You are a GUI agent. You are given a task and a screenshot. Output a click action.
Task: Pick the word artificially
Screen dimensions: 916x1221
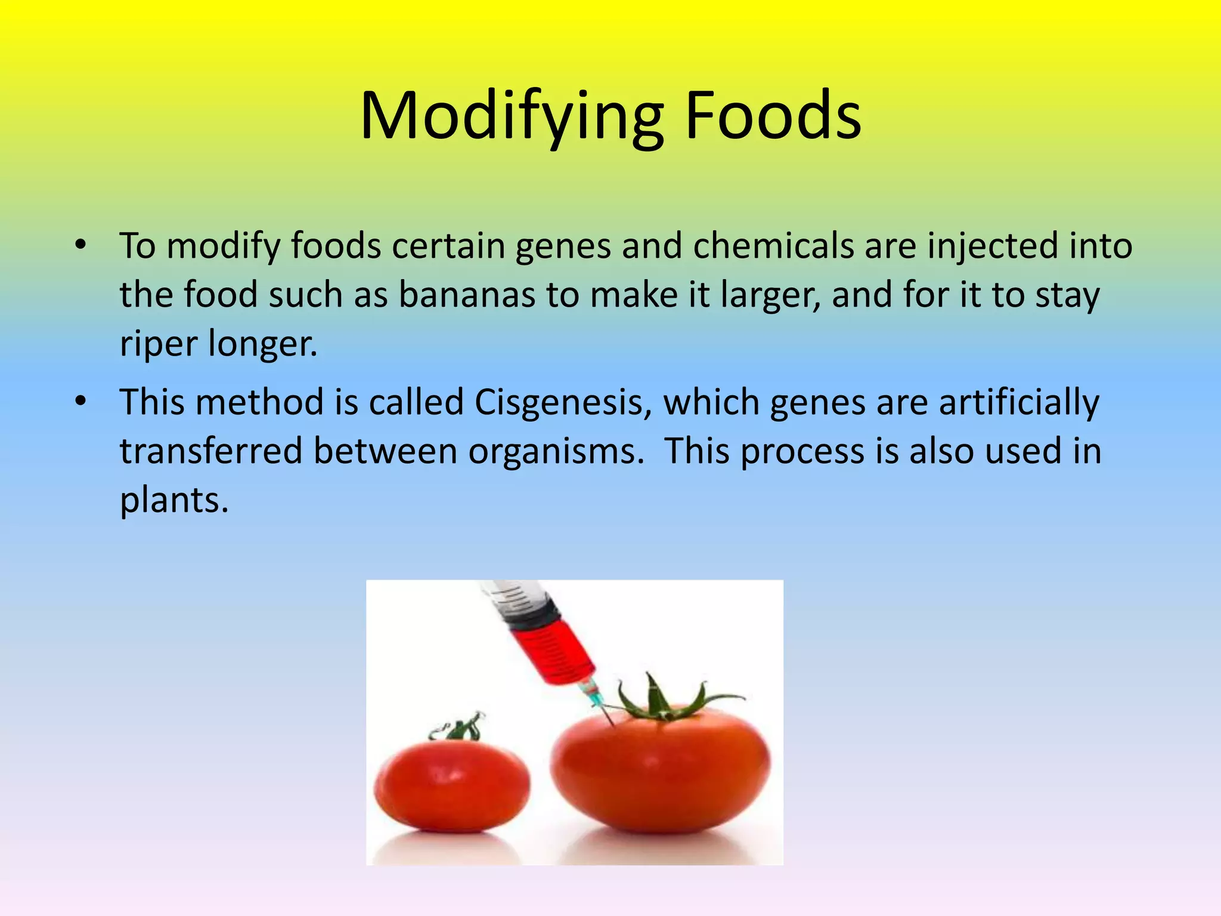pos(1019,402)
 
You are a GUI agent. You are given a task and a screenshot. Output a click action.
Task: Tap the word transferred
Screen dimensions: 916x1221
pos(211,451)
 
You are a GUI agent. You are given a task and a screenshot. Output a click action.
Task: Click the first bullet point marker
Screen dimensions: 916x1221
pos(81,245)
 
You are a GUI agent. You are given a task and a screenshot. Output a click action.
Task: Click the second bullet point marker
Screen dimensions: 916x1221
pos(81,401)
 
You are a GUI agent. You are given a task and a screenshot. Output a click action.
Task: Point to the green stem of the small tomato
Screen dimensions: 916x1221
pos(460,728)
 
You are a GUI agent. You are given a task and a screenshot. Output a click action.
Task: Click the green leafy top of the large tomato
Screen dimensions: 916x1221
pos(662,704)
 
